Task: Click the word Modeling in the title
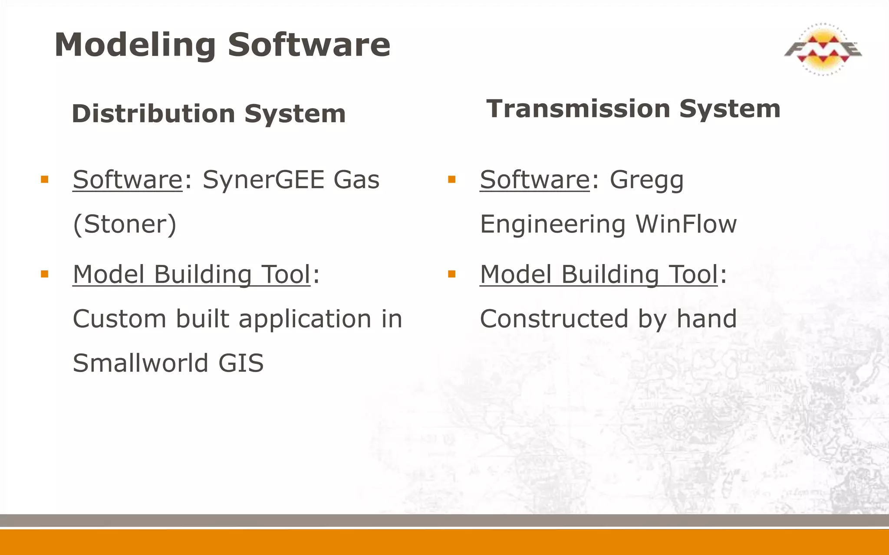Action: (x=135, y=45)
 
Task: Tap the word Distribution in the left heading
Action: (x=153, y=114)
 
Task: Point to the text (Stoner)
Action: (x=125, y=224)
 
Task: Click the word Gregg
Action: (x=646, y=180)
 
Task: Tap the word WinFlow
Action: (x=686, y=224)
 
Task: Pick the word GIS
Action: (x=241, y=363)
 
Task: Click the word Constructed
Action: (x=554, y=319)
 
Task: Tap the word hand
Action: (x=707, y=319)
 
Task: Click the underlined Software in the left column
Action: (x=128, y=180)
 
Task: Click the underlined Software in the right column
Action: (x=535, y=180)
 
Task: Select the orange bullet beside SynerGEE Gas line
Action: (x=44, y=180)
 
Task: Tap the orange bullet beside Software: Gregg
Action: (x=451, y=180)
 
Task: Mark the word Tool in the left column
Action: (x=286, y=274)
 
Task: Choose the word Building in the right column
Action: (x=610, y=274)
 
